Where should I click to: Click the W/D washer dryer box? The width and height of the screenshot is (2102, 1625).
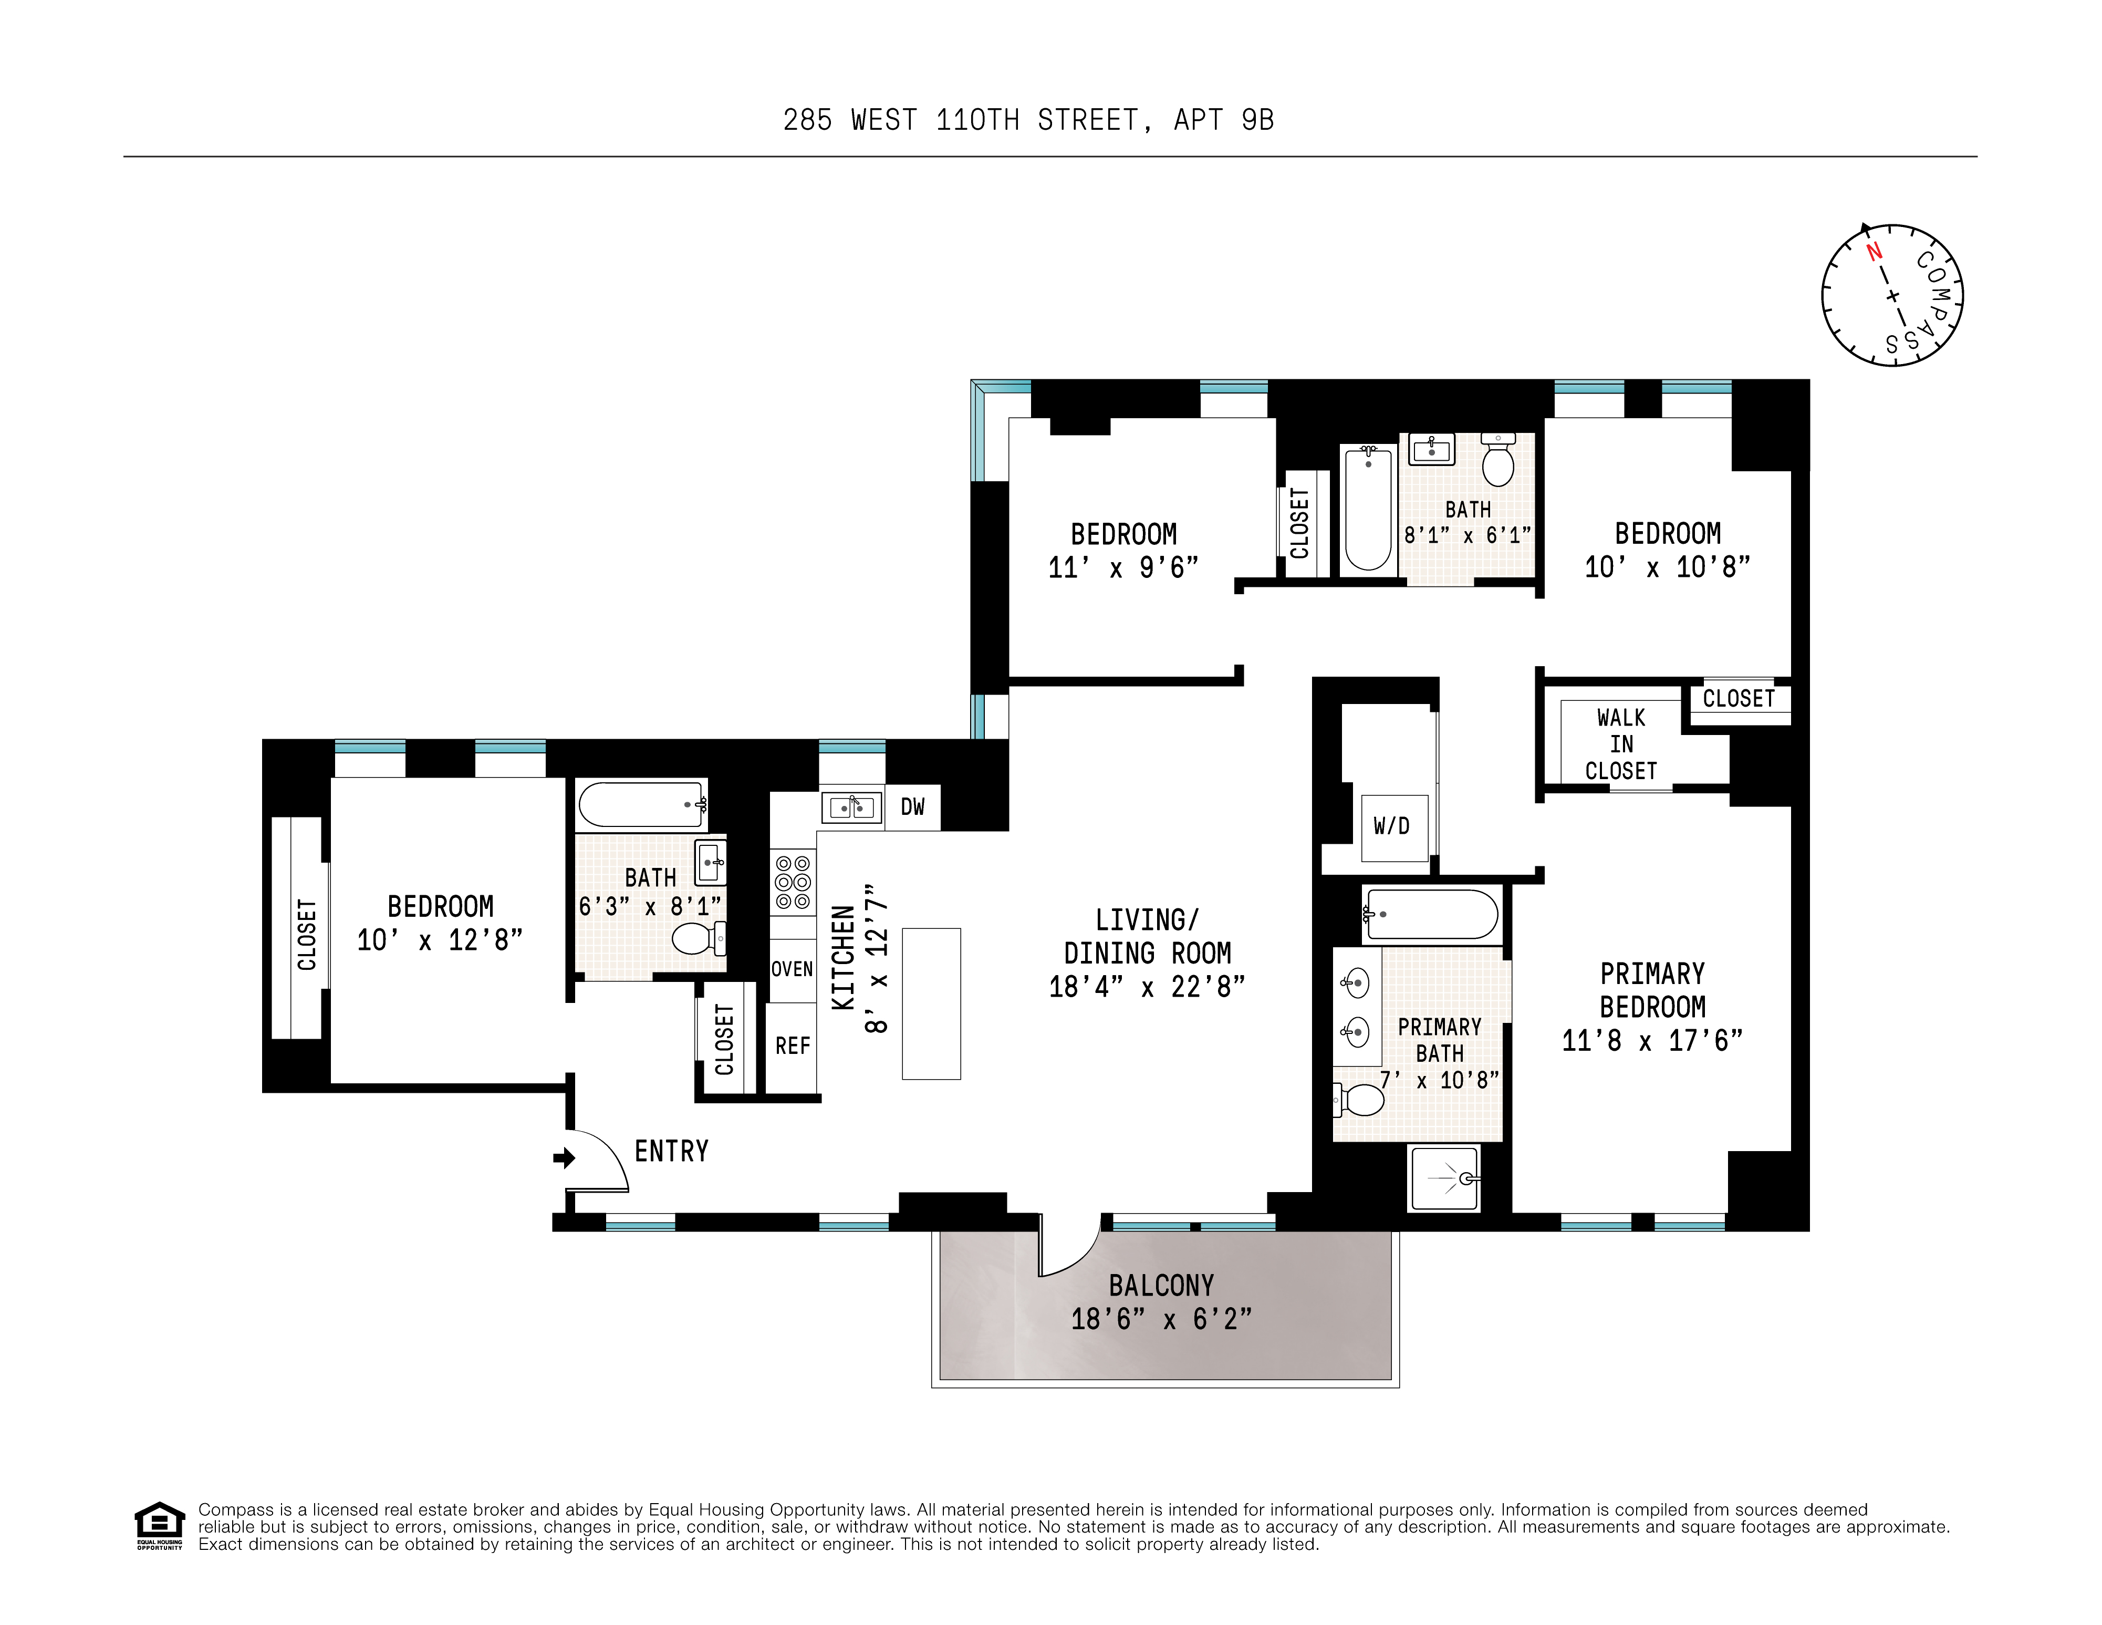tap(1392, 826)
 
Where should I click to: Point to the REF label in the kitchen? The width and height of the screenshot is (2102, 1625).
tap(792, 1046)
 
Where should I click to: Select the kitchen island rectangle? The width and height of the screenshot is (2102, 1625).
tap(931, 1003)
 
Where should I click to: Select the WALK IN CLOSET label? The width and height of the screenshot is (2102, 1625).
tap(1621, 744)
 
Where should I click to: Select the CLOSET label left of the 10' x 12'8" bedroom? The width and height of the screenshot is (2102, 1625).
tap(306, 934)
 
